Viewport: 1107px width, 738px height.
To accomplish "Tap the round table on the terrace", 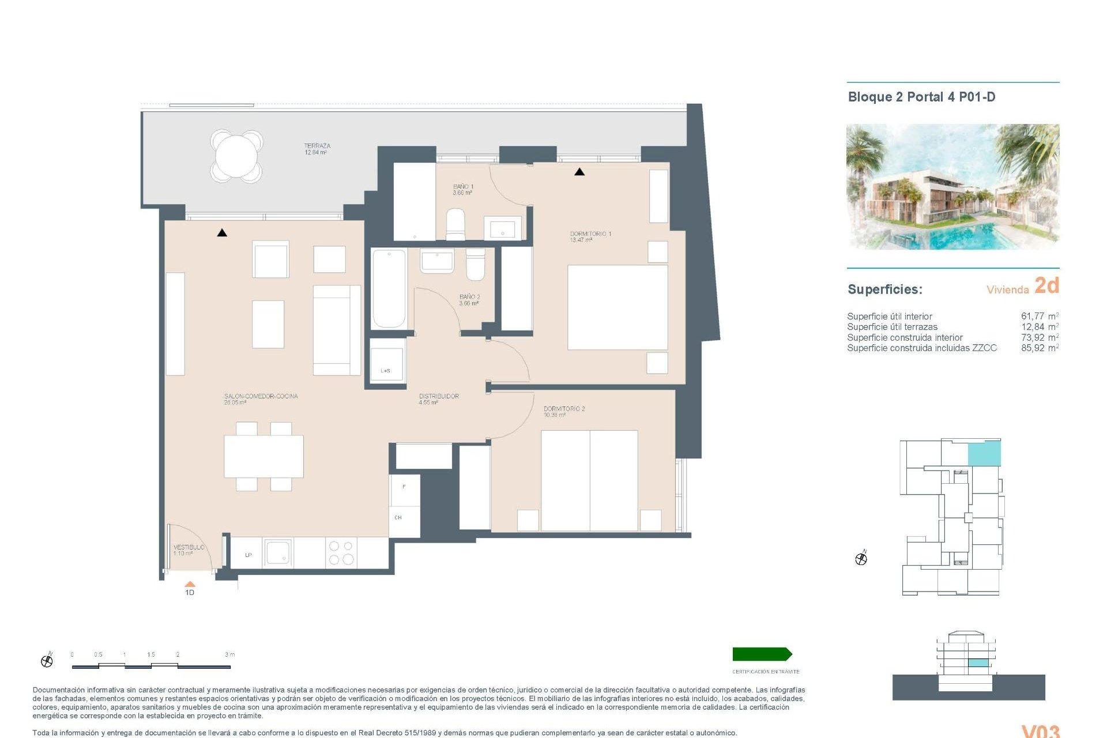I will point(236,156).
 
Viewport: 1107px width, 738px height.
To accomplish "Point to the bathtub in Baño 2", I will point(389,288).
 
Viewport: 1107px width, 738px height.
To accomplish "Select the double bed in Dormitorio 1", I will point(617,307).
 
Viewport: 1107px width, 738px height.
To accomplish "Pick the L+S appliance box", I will point(387,362).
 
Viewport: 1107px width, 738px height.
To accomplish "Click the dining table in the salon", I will point(263,456).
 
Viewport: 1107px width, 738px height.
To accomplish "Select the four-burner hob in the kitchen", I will point(341,552).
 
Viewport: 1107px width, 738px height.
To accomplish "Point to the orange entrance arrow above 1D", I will point(190,584).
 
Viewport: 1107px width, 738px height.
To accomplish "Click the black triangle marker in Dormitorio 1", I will point(579,172).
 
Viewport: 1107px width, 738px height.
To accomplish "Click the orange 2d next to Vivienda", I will point(1046,285).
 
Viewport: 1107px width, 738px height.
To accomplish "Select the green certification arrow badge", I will point(762,654).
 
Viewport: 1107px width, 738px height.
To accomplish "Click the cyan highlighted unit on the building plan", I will point(984,454).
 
